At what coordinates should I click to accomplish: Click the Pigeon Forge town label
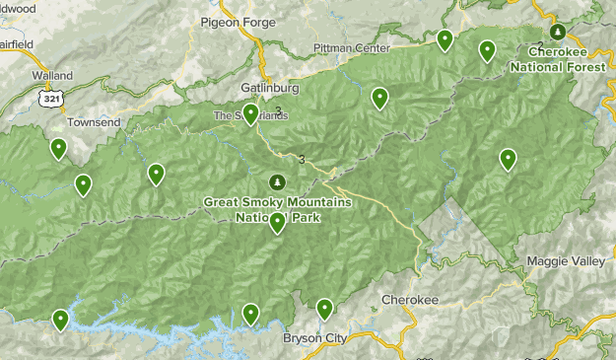click(x=240, y=22)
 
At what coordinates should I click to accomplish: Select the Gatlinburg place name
click(x=268, y=87)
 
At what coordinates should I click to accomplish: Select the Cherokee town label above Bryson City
click(x=408, y=300)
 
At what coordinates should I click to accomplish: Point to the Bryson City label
click(x=315, y=338)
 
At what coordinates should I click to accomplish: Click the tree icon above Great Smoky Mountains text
click(x=277, y=182)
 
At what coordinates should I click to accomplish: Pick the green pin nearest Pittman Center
click(x=445, y=40)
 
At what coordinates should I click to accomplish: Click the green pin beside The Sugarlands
click(x=251, y=114)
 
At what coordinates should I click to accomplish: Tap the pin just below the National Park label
click(x=278, y=223)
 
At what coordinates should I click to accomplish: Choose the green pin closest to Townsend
click(x=59, y=149)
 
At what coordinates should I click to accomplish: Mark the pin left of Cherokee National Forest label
click(x=487, y=50)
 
